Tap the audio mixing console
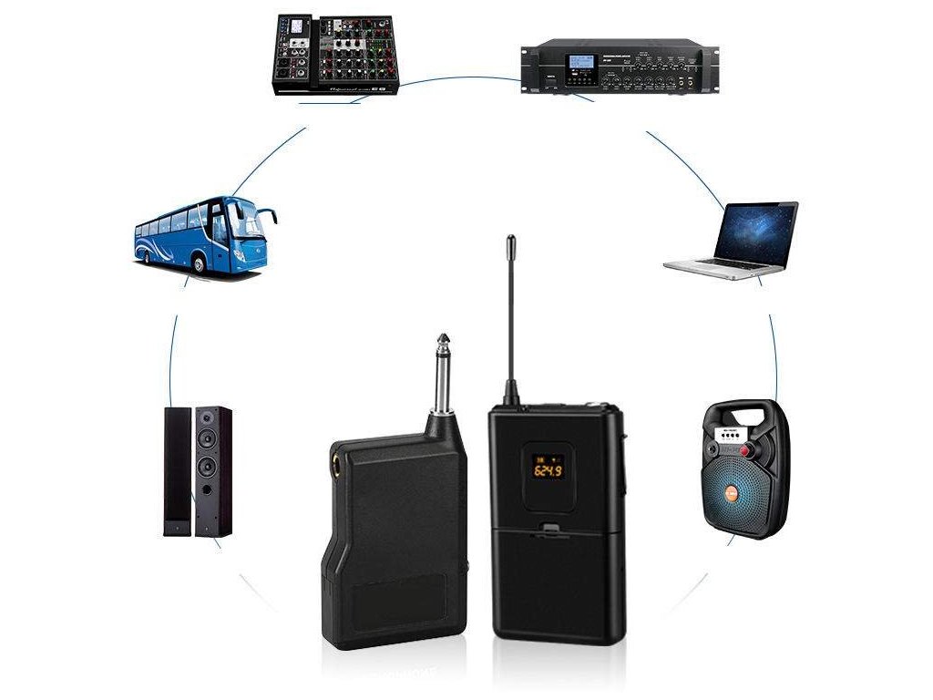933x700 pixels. coord(333,55)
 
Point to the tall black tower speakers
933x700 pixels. coord(198,470)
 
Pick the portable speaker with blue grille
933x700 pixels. coord(744,470)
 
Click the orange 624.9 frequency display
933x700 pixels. coord(547,470)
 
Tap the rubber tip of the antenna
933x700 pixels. coord(511,244)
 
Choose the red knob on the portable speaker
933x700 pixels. coord(747,451)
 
